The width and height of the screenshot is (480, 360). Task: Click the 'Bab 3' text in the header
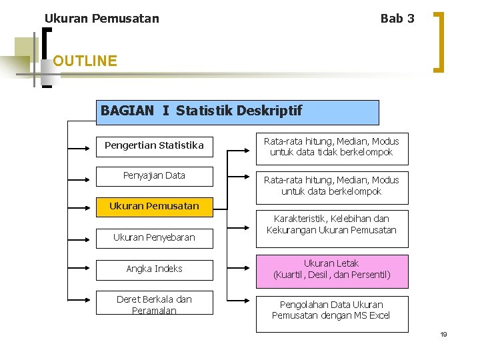(397, 19)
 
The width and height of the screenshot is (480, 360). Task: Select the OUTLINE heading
(85, 61)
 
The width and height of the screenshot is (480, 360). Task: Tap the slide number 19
(443, 334)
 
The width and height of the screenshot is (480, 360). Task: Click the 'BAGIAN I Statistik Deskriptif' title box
(239, 112)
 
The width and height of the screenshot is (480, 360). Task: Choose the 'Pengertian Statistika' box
(154, 145)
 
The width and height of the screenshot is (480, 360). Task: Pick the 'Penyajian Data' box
(154, 176)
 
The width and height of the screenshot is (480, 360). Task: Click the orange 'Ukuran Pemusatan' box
(154, 207)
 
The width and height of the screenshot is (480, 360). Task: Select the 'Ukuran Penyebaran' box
(154, 237)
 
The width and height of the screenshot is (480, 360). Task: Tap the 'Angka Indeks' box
(154, 269)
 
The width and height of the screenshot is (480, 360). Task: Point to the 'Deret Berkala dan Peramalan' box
(154, 305)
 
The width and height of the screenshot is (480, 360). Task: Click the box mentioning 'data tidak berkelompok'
(331, 147)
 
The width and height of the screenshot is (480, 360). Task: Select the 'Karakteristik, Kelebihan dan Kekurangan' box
(331, 225)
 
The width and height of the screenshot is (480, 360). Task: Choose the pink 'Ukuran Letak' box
(331, 269)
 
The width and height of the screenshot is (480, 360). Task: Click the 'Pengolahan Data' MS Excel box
(331, 311)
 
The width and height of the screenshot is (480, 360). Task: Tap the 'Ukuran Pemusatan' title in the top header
(102, 19)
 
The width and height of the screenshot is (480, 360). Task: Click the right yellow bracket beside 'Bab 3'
(439, 40)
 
